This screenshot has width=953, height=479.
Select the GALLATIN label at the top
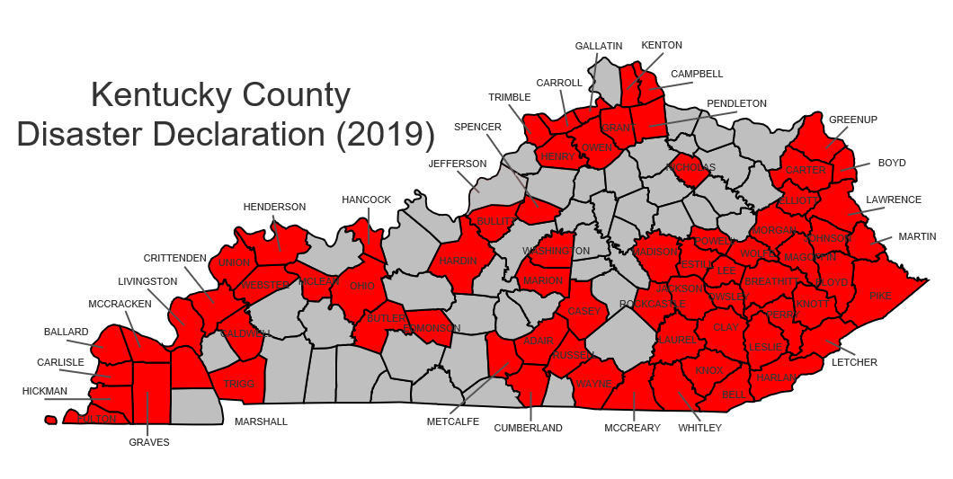tap(599, 46)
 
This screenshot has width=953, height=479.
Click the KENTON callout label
tap(662, 45)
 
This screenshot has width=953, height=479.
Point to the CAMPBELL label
tap(697, 74)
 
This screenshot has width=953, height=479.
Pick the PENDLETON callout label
tap(736, 103)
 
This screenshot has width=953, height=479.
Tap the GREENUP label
tap(853, 119)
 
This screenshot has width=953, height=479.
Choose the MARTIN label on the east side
tap(917, 236)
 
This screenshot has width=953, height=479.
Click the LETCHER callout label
tap(854, 362)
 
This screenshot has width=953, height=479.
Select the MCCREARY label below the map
tap(632, 428)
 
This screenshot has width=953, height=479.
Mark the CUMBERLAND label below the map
tap(528, 428)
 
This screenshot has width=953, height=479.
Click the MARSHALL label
tap(261, 421)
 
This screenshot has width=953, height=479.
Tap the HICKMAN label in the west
tap(45, 391)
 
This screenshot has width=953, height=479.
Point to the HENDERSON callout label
tap(274, 207)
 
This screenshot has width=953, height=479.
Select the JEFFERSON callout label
tap(457, 164)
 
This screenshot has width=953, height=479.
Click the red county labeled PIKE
tap(881, 295)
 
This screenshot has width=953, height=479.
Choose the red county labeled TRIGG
tap(239, 384)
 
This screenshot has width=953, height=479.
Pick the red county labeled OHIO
tap(362, 285)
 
